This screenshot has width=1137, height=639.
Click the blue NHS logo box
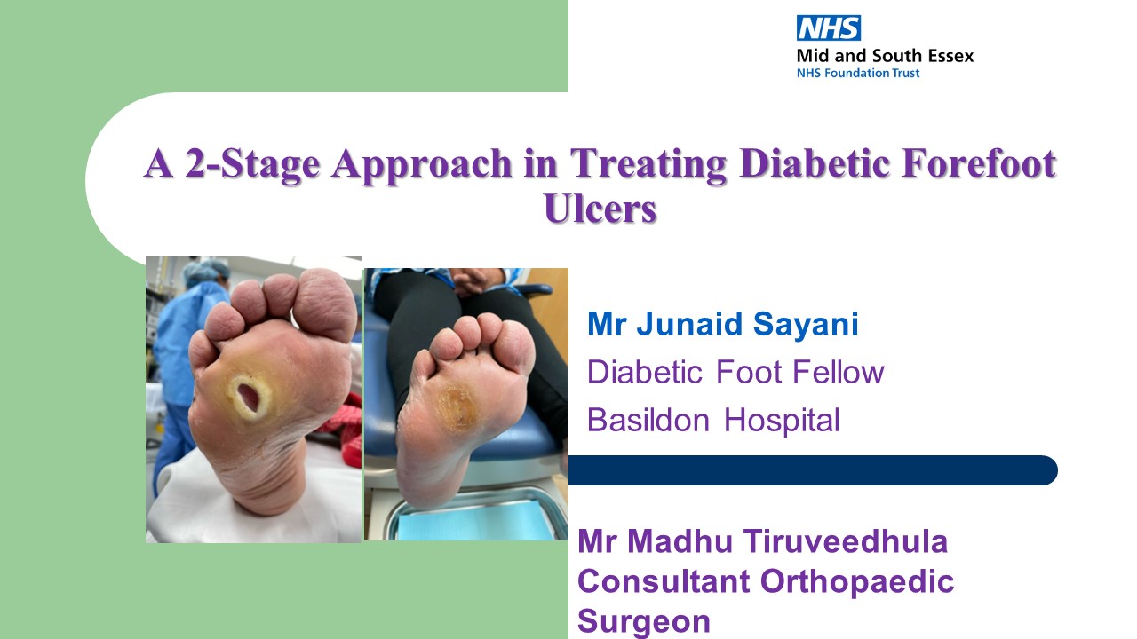click(829, 28)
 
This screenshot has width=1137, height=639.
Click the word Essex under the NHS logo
click(948, 56)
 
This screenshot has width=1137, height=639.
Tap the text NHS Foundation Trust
click(858, 73)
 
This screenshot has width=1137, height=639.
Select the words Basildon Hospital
click(712, 419)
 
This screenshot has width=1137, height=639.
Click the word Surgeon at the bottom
click(644, 621)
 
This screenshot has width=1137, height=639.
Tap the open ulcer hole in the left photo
click(246, 394)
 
